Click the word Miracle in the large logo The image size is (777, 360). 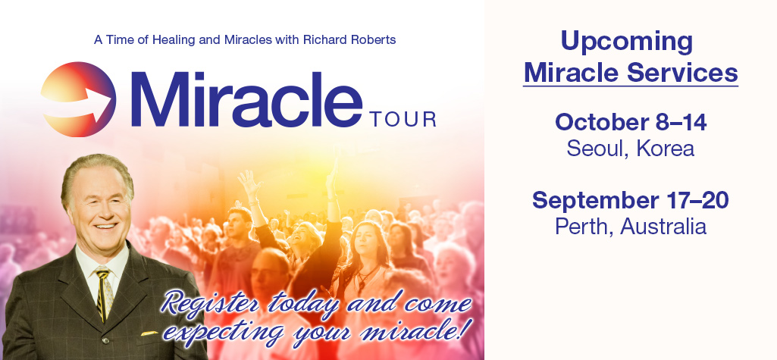pyautogui.click(x=246, y=99)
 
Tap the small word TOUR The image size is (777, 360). pyautogui.click(x=403, y=119)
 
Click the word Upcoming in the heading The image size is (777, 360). pyautogui.click(x=626, y=42)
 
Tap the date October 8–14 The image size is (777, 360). pyautogui.click(x=631, y=122)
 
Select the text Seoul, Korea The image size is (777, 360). pyautogui.click(x=631, y=148)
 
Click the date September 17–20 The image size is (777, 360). pyautogui.click(x=631, y=201)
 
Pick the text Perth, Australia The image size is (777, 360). pyautogui.click(x=631, y=227)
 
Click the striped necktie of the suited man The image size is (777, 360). pyautogui.click(x=104, y=293)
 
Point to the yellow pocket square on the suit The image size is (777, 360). pyautogui.click(x=149, y=333)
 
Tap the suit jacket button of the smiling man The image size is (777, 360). pyautogui.click(x=105, y=342)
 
